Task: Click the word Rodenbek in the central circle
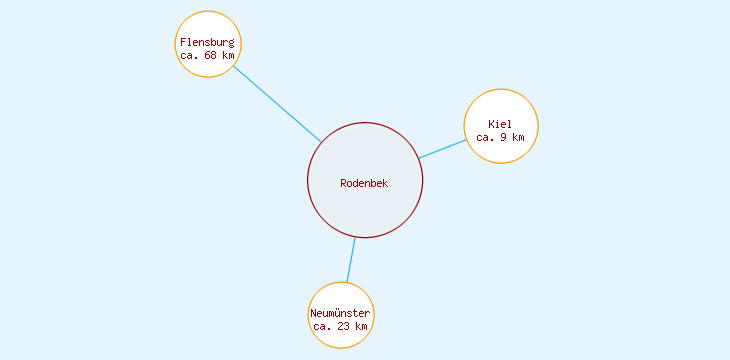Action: tap(364, 183)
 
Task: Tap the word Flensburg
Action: tap(207, 42)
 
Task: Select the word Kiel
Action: tap(500, 124)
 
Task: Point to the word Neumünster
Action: tap(340, 313)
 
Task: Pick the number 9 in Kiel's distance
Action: tap(503, 137)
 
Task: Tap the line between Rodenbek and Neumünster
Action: tap(351, 260)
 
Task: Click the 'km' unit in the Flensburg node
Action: tap(228, 56)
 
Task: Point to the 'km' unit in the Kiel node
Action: tap(518, 137)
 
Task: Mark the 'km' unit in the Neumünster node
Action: tap(361, 326)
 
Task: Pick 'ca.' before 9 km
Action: tap(485, 137)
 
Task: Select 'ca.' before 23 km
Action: tap(322, 326)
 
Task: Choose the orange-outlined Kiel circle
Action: tap(501, 105)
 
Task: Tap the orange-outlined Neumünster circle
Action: tap(341, 295)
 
